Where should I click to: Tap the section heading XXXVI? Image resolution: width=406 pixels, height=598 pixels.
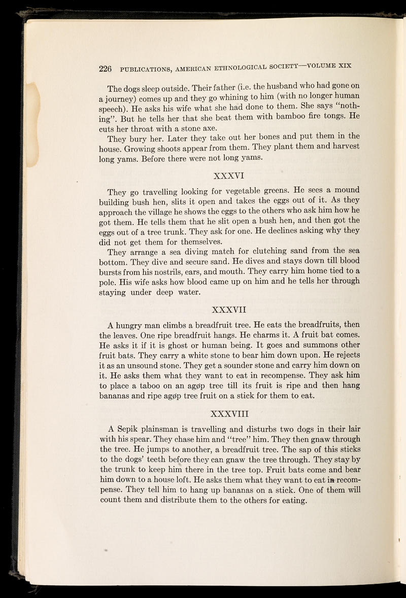pyautogui.click(x=230, y=176)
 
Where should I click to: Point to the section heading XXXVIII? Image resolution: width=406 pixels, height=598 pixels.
pyautogui.click(x=230, y=411)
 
